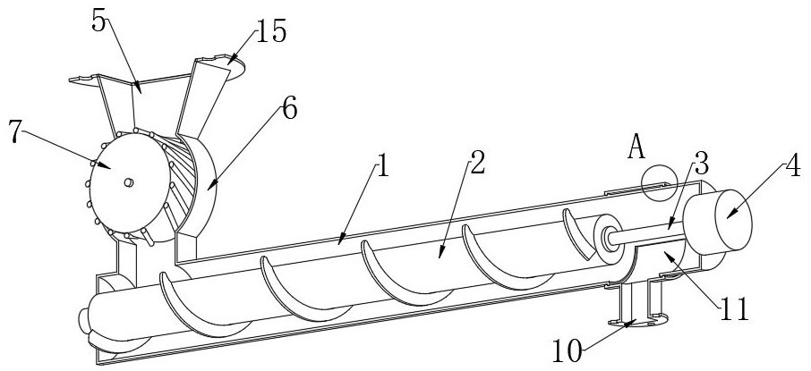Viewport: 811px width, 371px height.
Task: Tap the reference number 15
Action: (x=271, y=33)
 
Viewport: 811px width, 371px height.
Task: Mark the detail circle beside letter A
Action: (x=661, y=181)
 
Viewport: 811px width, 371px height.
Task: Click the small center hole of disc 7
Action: (x=128, y=182)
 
